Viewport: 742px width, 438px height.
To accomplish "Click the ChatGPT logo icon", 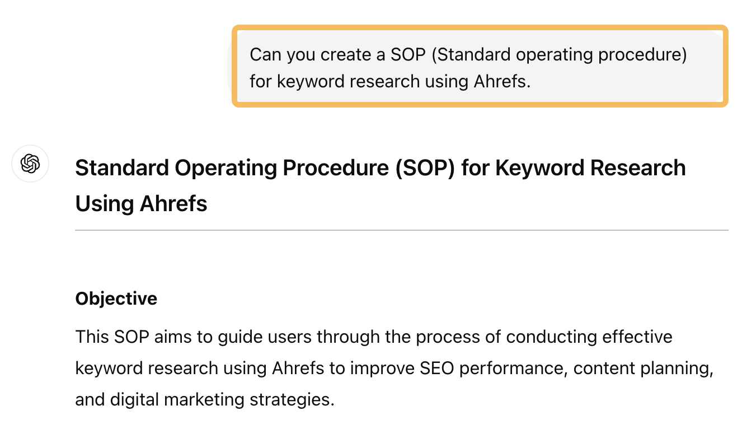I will [30, 164].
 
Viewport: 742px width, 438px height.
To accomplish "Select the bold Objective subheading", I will [116, 299].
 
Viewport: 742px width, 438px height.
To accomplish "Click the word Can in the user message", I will [265, 55].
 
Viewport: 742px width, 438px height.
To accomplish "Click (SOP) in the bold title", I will [427, 168].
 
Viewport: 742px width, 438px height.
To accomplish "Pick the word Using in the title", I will [104, 204].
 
